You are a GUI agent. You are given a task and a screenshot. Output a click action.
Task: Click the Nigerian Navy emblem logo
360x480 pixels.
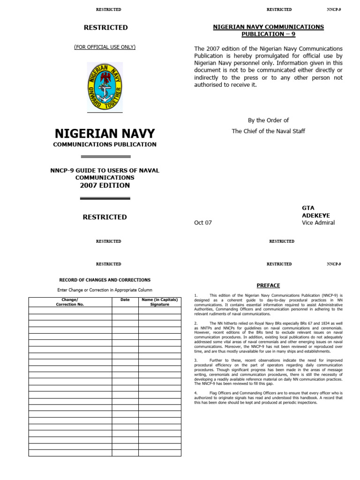(x=105, y=87)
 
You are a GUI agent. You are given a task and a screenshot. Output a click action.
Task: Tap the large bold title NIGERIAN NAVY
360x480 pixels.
(x=105, y=134)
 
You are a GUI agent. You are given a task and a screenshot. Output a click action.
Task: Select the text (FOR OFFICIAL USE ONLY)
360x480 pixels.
(x=105, y=47)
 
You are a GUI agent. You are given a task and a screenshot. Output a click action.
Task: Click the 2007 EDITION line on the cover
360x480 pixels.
(x=105, y=186)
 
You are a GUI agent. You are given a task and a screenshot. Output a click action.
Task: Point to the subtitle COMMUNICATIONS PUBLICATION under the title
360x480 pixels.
(x=105, y=144)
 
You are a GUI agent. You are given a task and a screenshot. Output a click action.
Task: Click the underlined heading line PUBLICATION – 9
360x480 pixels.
(x=269, y=34)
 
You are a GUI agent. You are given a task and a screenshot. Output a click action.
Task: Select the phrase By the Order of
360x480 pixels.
(x=269, y=120)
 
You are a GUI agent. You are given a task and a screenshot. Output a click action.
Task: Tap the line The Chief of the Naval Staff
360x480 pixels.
(x=269, y=131)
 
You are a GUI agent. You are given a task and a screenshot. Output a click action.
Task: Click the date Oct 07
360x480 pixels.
(x=203, y=223)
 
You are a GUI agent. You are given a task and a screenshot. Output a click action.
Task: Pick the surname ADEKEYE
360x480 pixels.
(x=316, y=215)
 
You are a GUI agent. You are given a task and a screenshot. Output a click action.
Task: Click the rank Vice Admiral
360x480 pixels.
(x=318, y=223)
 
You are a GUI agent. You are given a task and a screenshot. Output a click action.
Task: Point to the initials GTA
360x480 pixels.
(x=308, y=208)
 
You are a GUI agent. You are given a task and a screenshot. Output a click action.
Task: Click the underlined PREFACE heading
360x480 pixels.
(x=269, y=285)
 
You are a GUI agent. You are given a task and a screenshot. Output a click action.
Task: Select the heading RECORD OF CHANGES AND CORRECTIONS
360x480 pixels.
(x=105, y=280)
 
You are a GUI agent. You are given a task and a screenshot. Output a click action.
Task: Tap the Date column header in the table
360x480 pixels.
(x=125, y=300)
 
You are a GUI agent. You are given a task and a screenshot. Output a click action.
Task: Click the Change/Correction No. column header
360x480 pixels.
(x=70, y=302)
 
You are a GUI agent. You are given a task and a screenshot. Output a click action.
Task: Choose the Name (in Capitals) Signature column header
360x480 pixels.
(x=159, y=302)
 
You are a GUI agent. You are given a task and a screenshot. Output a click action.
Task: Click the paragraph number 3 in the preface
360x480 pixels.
(x=195, y=360)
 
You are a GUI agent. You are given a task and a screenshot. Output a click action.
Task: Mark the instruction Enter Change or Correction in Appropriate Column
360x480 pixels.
(x=105, y=290)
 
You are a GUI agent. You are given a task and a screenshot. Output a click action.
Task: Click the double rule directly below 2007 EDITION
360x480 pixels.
(x=105, y=198)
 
